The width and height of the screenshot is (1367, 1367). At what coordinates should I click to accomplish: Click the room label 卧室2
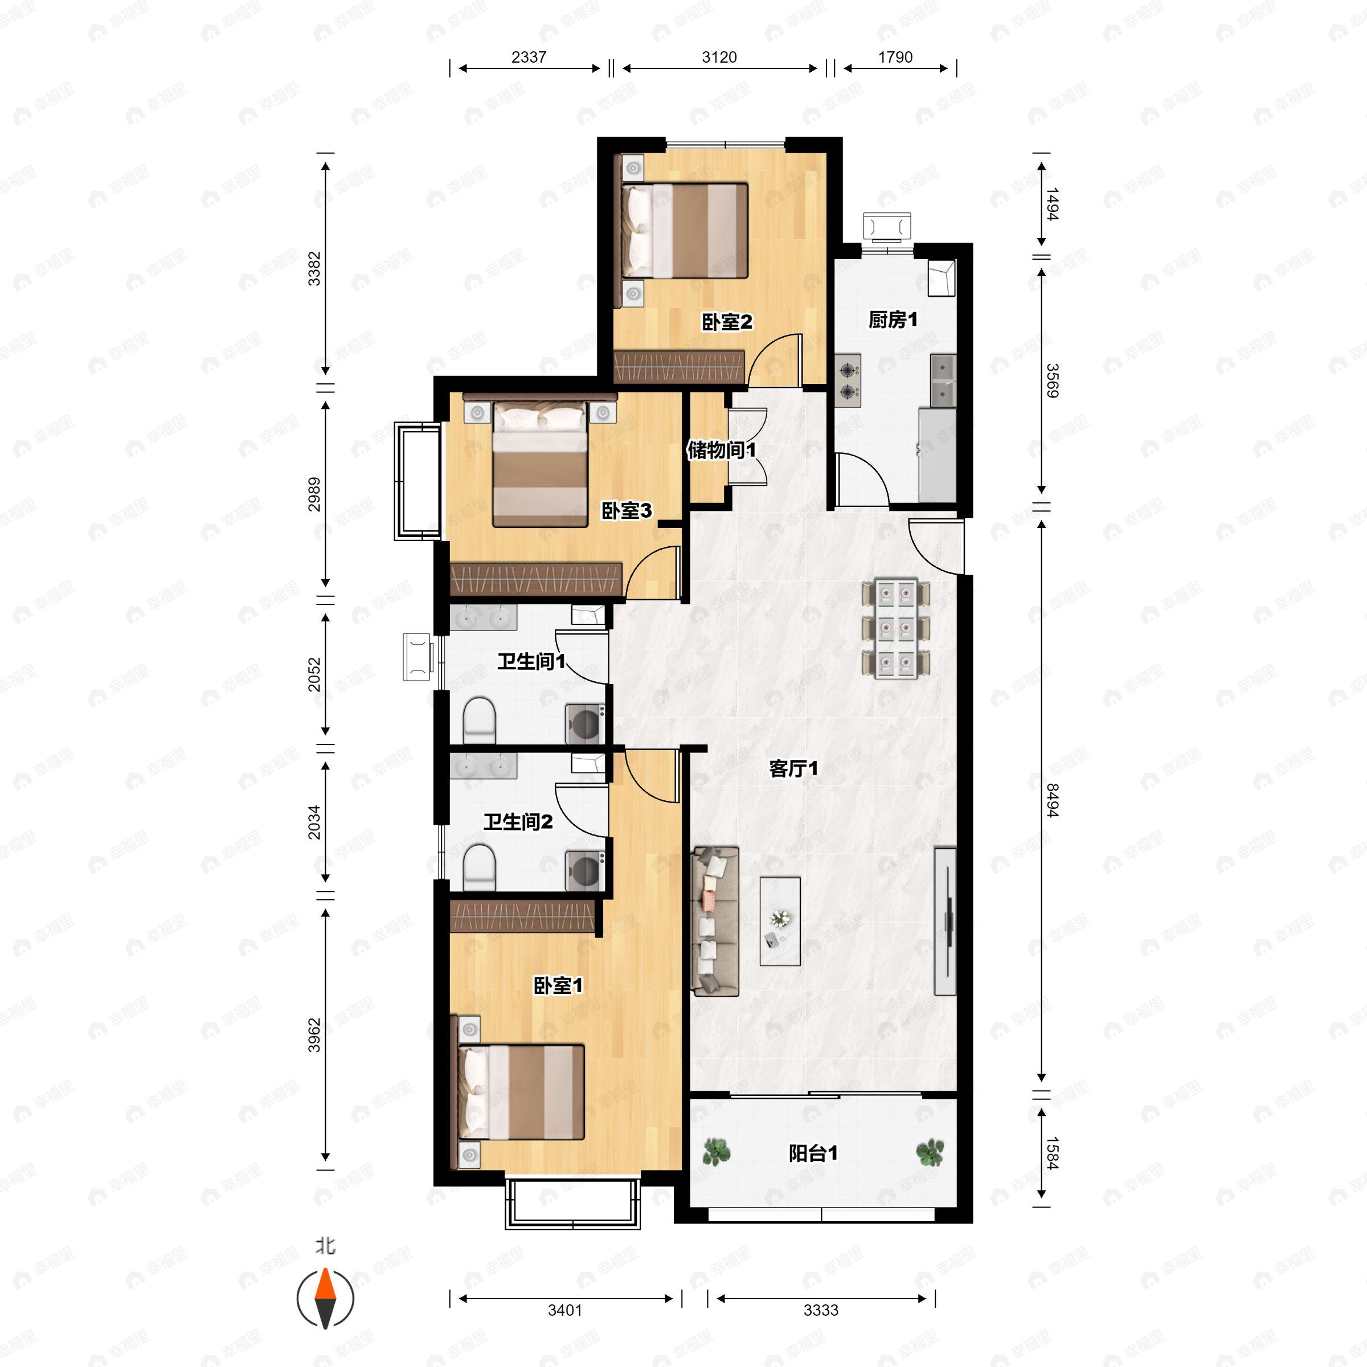[x=727, y=322]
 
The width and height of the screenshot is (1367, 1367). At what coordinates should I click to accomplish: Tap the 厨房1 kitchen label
[x=893, y=320]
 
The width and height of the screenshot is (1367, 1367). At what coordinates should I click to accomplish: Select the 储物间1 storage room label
[x=721, y=450]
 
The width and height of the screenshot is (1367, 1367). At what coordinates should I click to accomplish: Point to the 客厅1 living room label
[x=793, y=768]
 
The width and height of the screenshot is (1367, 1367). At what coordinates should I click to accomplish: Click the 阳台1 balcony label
[x=813, y=1153]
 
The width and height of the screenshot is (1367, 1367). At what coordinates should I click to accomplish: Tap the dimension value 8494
[x=1052, y=800]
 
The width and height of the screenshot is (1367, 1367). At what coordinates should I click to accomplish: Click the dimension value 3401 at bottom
[x=564, y=1309]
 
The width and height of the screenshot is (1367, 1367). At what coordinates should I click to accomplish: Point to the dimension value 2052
[x=314, y=674]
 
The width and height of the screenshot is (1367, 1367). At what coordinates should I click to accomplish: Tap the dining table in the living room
[x=896, y=628]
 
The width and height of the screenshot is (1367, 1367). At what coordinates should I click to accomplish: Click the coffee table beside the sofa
[x=780, y=921]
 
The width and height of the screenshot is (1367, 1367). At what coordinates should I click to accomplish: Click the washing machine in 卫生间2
[x=584, y=871]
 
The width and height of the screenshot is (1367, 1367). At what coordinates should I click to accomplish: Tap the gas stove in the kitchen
[x=848, y=380]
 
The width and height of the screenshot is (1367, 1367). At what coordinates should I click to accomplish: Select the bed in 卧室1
[x=522, y=1092]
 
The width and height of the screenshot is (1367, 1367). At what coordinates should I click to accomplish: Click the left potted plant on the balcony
[x=717, y=1152]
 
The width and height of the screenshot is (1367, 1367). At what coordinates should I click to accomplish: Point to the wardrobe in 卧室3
[x=535, y=579]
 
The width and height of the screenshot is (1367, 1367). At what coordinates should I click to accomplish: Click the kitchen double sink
[x=943, y=380]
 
